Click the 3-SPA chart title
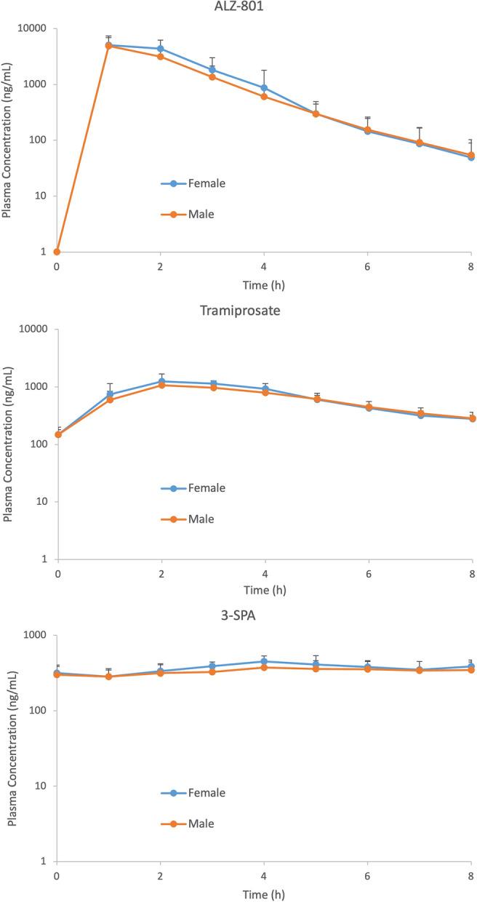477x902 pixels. point(264,615)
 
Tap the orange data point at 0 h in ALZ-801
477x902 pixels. point(57,252)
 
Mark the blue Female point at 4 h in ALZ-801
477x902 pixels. point(264,87)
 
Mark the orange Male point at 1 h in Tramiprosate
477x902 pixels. point(110,399)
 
